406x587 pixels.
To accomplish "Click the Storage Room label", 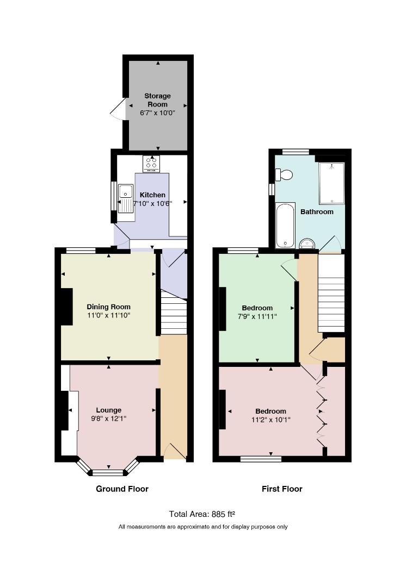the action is (x=157, y=100).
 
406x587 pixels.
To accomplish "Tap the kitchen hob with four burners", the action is (x=151, y=164).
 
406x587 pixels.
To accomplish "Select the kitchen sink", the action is (x=126, y=198).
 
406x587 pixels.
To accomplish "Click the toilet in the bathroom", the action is (x=284, y=174).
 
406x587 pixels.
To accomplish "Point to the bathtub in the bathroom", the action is (x=285, y=226).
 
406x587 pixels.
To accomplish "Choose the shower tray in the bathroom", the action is (x=331, y=183).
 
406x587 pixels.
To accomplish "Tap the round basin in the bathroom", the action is (x=308, y=243).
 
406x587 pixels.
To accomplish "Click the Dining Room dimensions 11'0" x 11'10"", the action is (x=109, y=316).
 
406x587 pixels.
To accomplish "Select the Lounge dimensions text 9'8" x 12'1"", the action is (x=109, y=419).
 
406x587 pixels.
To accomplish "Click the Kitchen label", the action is (x=152, y=195).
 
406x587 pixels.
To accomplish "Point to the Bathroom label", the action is (x=317, y=212).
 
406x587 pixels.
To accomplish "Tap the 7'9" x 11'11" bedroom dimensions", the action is (x=257, y=317).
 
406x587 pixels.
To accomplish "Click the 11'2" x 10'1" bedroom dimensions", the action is (x=271, y=420).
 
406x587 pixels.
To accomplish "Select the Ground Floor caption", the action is (x=122, y=489).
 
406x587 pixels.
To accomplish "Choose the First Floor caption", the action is (x=282, y=489).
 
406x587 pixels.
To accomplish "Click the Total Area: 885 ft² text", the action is (x=202, y=514).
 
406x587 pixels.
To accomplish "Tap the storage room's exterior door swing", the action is (x=118, y=109).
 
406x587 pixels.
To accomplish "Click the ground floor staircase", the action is (x=174, y=314).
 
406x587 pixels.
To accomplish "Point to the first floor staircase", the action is (x=331, y=293).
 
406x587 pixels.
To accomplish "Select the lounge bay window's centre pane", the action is (x=108, y=472).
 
